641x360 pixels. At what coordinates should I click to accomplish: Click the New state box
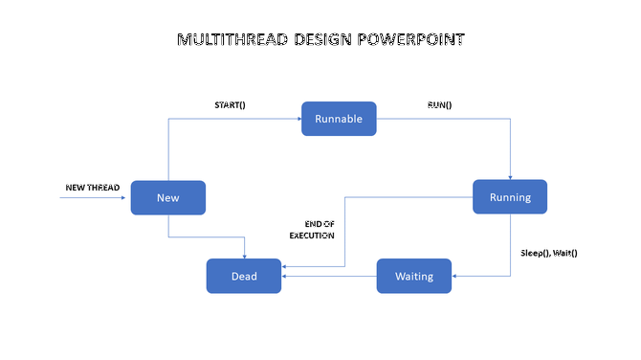168,197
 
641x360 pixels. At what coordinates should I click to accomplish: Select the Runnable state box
339,119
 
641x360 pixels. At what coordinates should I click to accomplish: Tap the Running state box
510,197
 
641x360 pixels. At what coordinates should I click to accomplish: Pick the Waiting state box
414,276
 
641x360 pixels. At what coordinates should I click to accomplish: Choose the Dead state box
244,276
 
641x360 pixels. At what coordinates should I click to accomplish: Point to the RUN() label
440,104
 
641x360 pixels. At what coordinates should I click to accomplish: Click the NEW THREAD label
92,187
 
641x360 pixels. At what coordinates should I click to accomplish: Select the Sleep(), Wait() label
549,253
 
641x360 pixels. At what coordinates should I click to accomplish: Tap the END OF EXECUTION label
313,229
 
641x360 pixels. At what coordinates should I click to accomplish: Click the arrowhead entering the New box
126,198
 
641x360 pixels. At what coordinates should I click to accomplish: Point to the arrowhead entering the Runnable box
298,119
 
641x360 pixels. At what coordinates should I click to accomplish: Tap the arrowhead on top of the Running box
510,177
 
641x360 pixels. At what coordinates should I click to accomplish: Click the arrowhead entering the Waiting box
456,276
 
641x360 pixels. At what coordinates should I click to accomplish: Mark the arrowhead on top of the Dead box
245,256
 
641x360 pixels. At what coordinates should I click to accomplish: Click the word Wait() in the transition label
564,253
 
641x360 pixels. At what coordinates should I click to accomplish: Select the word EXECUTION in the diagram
313,235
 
